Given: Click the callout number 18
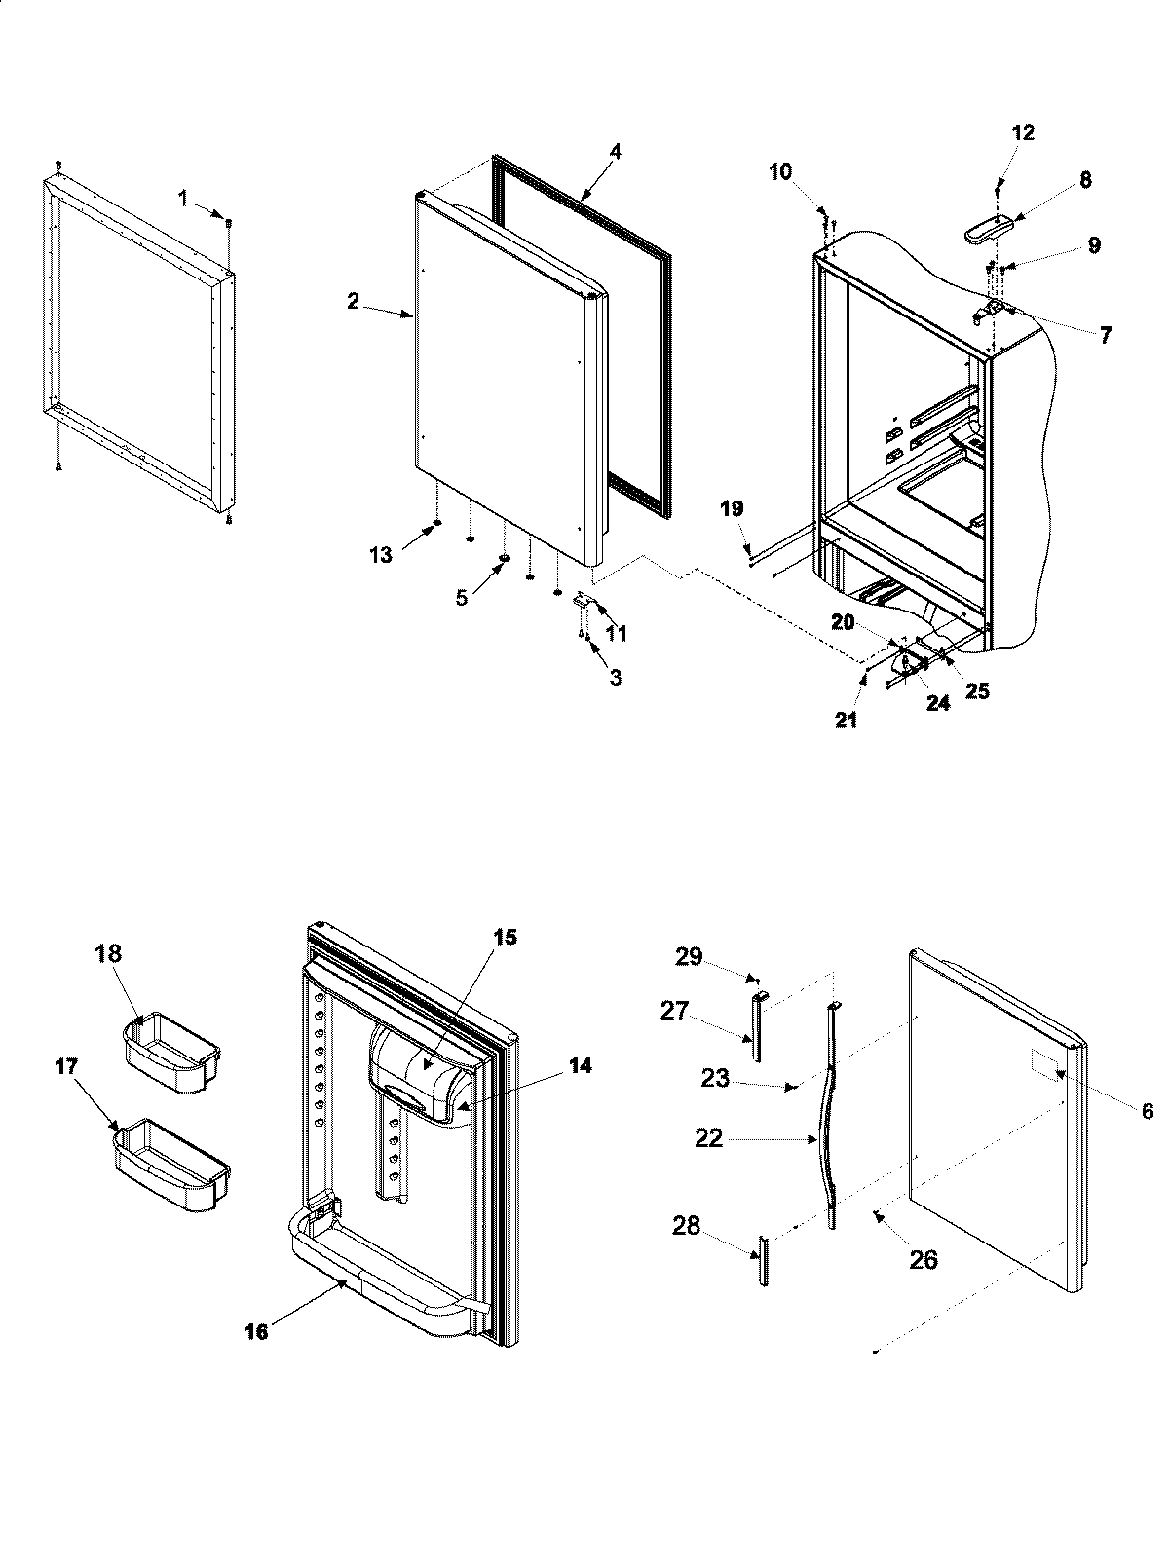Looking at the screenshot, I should tap(108, 953).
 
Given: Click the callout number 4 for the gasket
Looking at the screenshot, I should tap(615, 152).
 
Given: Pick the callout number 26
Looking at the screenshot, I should tap(923, 1260).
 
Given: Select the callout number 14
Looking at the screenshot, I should tap(580, 1066).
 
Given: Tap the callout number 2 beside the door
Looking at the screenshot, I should tap(353, 302).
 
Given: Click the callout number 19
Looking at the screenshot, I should tap(732, 508).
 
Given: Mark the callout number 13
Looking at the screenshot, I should tap(380, 555).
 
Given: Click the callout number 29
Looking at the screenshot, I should tap(688, 957).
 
